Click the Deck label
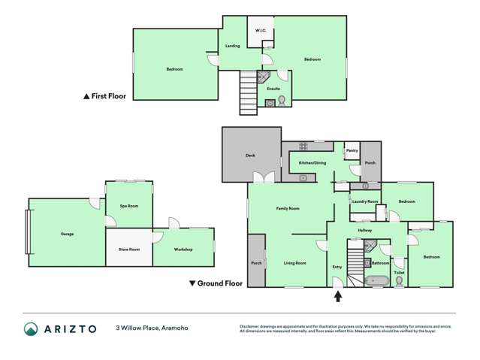pyautogui.click(x=250, y=156)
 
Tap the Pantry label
pyautogui.click(x=351, y=151)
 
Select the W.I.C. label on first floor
pyautogui.click(x=260, y=31)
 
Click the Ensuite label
pyautogui.click(x=273, y=89)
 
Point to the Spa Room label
pyautogui.click(x=128, y=206)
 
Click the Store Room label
pyautogui.click(x=129, y=249)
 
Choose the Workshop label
pyautogui.click(x=183, y=249)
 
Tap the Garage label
pyautogui.click(x=67, y=234)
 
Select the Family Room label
pyautogui.click(x=288, y=208)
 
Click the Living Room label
pyautogui.click(x=294, y=263)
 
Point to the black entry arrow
pyautogui.click(x=337, y=296)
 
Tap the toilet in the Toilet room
pyautogui.click(x=398, y=281)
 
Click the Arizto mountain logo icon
pyautogui.click(x=31, y=329)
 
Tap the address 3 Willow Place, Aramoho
pyautogui.click(x=150, y=328)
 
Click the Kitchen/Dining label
pyautogui.click(x=311, y=163)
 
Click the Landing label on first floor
pyautogui.click(x=233, y=46)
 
